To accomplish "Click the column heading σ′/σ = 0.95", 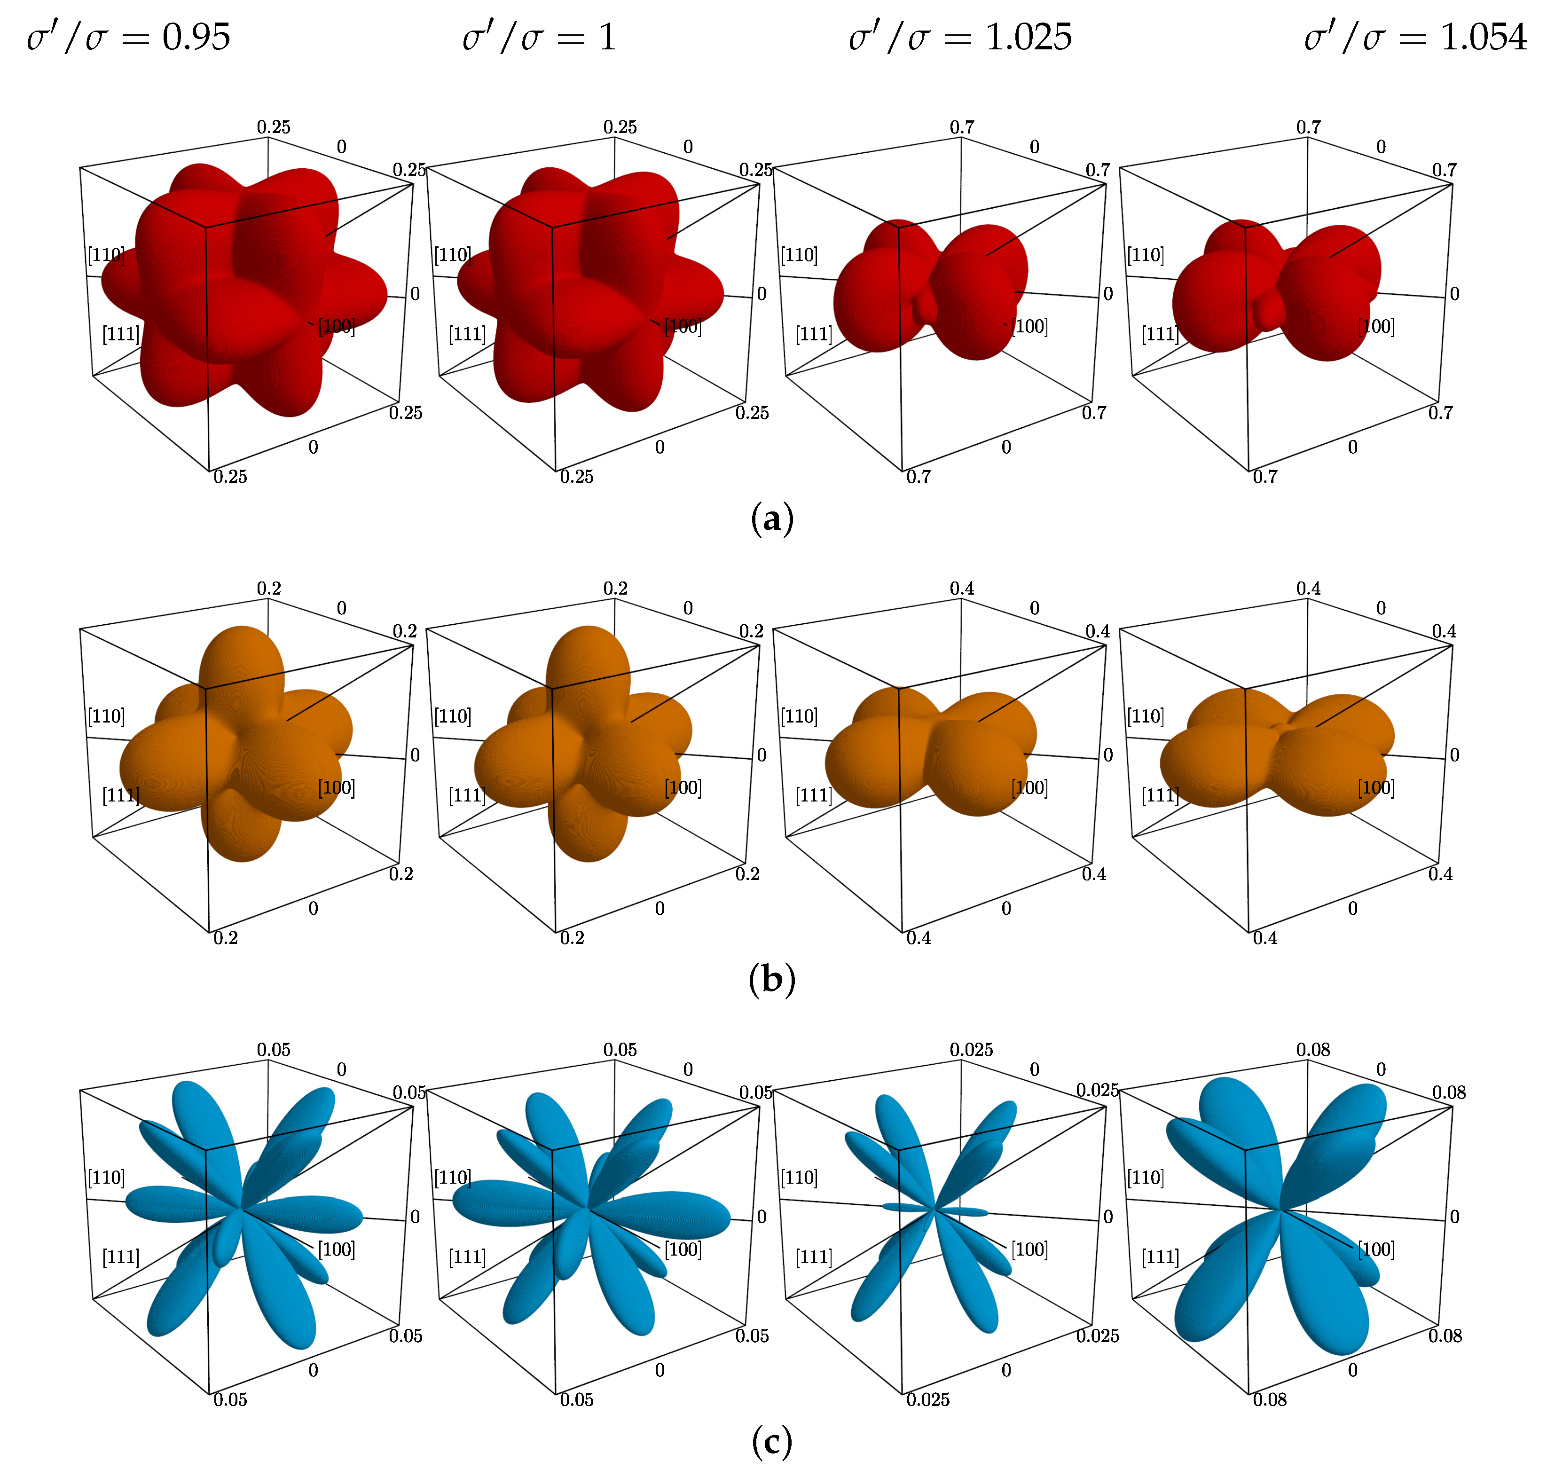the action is pyautogui.click(x=128, y=38).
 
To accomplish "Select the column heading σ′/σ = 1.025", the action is pyautogui.click(x=960, y=38).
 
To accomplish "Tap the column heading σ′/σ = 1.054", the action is pyautogui.click(x=1415, y=38).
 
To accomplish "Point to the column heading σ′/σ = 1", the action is pyautogui.click(x=539, y=38).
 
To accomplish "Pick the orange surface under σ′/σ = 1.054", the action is pyautogui.click(x=1275, y=756).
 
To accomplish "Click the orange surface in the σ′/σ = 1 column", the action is pyautogui.click(x=582, y=748).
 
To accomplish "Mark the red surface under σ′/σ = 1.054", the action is pyautogui.click(x=1275, y=291).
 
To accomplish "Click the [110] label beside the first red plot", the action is pyautogui.click(x=105, y=255).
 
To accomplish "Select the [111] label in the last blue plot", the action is pyautogui.click(x=1161, y=1257).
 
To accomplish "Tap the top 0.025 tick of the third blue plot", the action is pyautogui.click(x=971, y=1050).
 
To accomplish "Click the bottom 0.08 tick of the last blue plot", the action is pyautogui.click(x=1270, y=1400).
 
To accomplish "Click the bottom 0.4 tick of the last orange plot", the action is pyautogui.click(x=1265, y=938).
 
